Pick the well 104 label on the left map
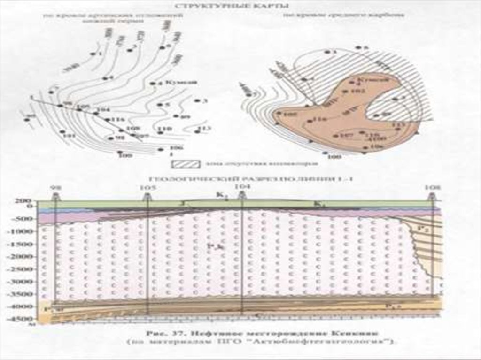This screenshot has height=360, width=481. [x=102, y=110]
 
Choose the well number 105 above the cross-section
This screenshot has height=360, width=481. [x=147, y=187]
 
